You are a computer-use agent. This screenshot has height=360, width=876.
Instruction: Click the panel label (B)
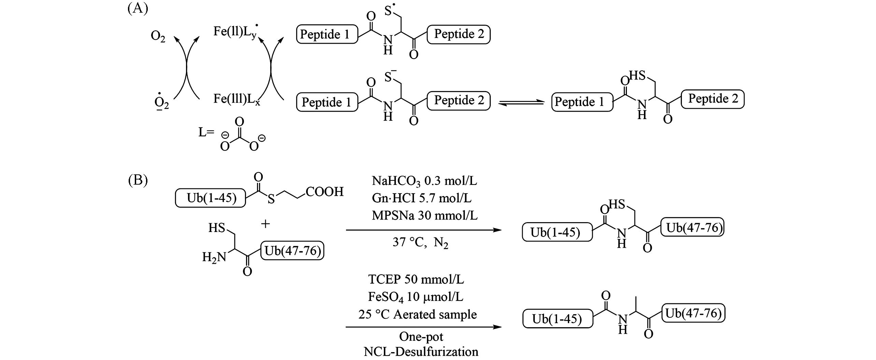[138, 179]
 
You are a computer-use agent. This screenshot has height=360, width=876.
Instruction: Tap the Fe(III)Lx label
[236, 99]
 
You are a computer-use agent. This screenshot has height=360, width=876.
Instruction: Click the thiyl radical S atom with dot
[389, 11]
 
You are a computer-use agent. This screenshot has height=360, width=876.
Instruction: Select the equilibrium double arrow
[521, 102]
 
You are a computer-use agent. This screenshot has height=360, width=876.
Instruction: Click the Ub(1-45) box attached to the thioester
[211, 198]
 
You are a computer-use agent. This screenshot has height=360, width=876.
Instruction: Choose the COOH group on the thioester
[325, 192]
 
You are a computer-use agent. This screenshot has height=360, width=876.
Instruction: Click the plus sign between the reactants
[265, 224]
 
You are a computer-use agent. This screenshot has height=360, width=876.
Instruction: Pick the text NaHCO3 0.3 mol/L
[424, 181]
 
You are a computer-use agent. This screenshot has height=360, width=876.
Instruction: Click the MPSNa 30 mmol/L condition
[425, 216]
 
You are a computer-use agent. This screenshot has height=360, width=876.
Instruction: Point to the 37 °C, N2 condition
[420, 243]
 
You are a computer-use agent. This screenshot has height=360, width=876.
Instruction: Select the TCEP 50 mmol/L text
[416, 279]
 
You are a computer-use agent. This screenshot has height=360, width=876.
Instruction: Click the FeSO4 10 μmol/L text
[416, 297]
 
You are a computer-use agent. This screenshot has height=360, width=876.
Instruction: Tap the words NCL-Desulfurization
[421, 352]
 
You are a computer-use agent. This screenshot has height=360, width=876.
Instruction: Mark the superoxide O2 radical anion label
[161, 103]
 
